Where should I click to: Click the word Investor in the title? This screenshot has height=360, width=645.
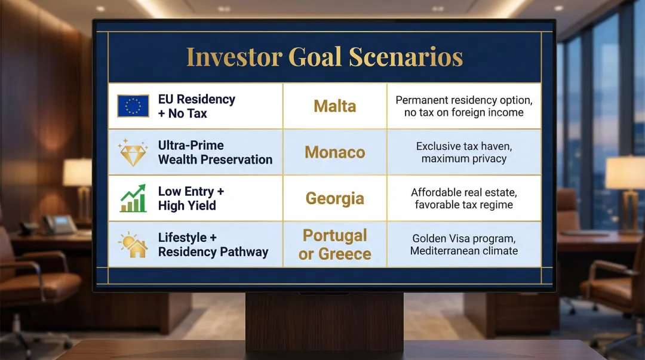pyautogui.click(x=234, y=57)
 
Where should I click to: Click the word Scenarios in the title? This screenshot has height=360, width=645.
pyautogui.click(x=406, y=57)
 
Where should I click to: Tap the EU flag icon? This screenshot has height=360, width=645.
pyautogui.click(x=133, y=106)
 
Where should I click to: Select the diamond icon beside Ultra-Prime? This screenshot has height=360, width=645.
pyautogui.click(x=133, y=152)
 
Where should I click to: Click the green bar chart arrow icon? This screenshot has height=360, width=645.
pyautogui.click(x=133, y=199)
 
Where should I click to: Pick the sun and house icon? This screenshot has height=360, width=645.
pyautogui.click(x=133, y=244)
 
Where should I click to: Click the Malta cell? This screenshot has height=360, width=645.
pyautogui.click(x=334, y=106)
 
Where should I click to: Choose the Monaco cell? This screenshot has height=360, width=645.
pyautogui.click(x=334, y=152)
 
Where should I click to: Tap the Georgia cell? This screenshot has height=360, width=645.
pyautogui.click(x=334, y=198)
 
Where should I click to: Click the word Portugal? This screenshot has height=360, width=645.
pyautogui.click(x=334, y=235)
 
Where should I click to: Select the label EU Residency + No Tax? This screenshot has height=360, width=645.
pyautogui.click(x=196, y=106)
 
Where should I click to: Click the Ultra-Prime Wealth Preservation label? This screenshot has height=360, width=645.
pyautogui.click(x=215, y=152)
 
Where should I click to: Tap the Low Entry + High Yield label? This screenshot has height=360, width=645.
pyautogui.click(x=191, y=198)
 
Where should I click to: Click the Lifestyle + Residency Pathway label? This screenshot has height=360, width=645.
pyautogui.click(x=213, y=244)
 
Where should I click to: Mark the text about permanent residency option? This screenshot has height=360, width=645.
pyautogui.click(x=463, y=106)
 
